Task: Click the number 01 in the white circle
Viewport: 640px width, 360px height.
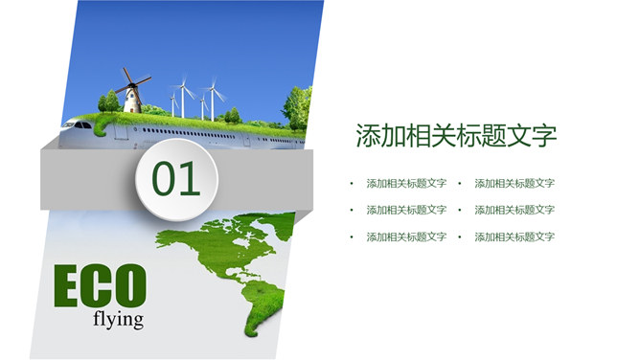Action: click(x=176, y=179)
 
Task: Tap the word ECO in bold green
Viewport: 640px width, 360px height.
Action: click(x=100, y=287)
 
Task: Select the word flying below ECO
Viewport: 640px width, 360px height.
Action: click(x=119, y=319)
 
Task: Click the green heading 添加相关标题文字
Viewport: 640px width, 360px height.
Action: click(x=456, y=135)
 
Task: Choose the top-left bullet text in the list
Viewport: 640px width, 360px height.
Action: click(x=406, y=183)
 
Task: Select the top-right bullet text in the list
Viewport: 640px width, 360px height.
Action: click(x=514, y=183)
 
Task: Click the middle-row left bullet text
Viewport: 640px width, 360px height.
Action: click(x=406, y=210)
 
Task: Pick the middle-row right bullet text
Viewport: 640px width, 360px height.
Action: click(x=514, y=210)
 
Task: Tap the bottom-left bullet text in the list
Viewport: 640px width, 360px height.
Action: click(x=406, y=236)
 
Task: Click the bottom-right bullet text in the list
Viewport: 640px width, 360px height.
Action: click(x=514, y=236)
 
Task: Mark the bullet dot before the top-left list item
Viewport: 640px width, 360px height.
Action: click(x=352, y=183)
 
